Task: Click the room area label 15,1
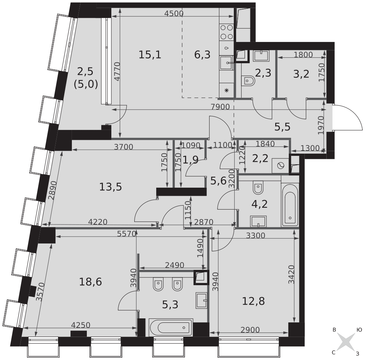click(150, 55)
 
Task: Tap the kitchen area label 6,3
click(202, 55)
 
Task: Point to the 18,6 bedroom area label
click(90, 282)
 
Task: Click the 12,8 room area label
click(253, 301)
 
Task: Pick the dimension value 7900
click(220, 107)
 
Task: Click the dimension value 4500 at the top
click(174, 14)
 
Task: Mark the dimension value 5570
click(126, 234)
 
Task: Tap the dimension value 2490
click(174, 265)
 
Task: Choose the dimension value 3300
click(255, 235)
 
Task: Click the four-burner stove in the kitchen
click(227, 32)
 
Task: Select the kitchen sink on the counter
click(226, 63)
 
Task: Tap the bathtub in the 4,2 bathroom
click(290, 205)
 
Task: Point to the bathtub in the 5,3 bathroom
click(170, 328)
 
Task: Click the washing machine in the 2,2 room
click(280, 166)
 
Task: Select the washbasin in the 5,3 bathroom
click(201, 300)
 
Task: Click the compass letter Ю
click(359, 330)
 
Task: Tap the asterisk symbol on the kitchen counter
click(226, 91)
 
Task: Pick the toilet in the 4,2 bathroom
click(258, 187)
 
